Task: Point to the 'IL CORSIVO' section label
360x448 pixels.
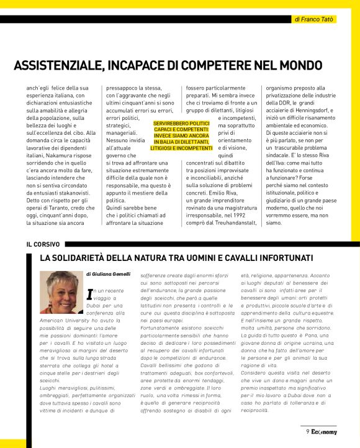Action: click(x=38, y=244)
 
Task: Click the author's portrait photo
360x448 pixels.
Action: click(x=61, y=292)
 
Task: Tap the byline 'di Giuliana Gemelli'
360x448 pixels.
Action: click(x=109, y=274)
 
